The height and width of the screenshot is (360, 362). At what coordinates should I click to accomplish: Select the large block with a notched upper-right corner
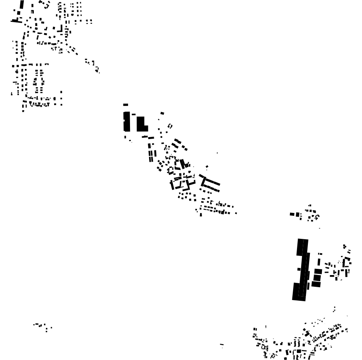point(141,124)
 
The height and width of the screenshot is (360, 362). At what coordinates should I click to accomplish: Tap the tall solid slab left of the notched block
point(127,121)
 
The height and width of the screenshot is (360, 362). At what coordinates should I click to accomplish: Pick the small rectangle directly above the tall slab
point(125,105)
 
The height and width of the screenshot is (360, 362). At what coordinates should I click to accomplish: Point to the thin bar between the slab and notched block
point(134,114)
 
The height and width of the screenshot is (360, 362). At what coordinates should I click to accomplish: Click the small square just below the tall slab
point(125,137)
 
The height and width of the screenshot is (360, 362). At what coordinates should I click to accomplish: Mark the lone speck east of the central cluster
point(217,153)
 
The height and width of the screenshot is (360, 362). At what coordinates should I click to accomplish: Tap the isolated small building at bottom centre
point(222,344)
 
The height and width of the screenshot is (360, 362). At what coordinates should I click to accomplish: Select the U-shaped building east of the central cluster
point(209,184)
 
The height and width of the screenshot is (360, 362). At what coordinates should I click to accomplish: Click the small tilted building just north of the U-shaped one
point(207,167)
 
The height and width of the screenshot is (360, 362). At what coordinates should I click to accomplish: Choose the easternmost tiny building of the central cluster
point(236,213)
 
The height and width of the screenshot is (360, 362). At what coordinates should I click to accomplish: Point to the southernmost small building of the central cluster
point(201,215)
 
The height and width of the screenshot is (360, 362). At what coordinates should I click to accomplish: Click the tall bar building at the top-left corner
point(22,5)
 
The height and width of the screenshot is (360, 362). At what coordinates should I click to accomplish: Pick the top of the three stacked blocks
point(318,272)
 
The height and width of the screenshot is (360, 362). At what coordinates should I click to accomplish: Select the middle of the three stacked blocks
point(317,278)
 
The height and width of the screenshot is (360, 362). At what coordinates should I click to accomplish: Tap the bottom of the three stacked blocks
point(316,284)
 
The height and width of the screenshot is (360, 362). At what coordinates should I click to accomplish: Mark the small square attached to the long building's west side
point(299,269)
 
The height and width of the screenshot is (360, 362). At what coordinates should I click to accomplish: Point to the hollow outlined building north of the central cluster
point(170,126)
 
